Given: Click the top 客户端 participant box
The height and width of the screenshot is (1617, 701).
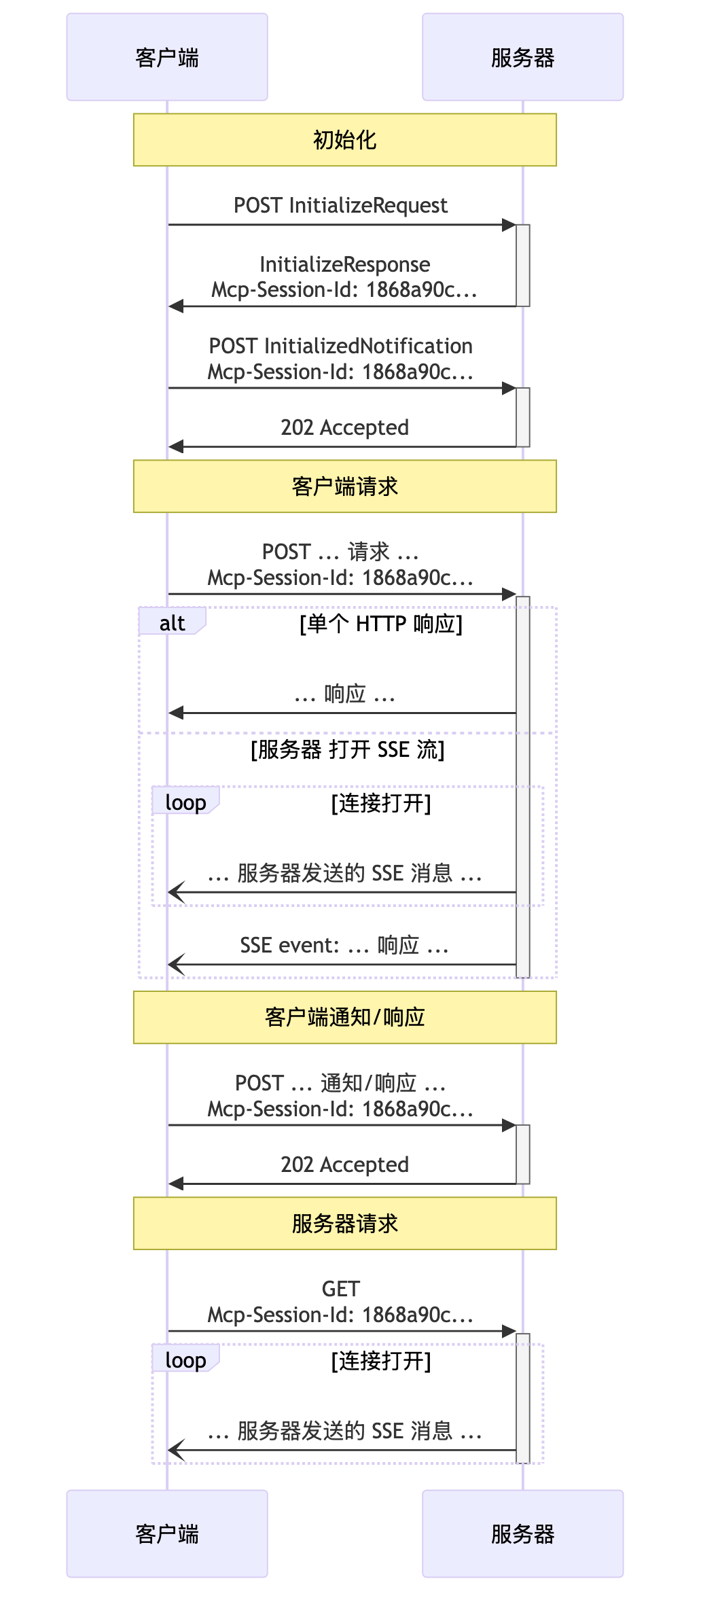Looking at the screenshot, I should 167,57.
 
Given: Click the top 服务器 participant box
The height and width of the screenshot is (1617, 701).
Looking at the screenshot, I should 522,57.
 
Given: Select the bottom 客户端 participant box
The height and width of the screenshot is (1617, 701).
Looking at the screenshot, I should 167,1533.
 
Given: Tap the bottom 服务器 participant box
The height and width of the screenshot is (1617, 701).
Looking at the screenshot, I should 522,1533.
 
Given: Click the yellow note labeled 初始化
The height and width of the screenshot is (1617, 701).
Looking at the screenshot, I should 344,140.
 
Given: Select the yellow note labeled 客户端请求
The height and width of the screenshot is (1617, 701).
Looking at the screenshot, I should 344,486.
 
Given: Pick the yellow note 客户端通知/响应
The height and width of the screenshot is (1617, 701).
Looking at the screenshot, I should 344,1017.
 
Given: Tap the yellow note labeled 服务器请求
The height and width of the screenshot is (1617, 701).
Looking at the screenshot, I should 344,1223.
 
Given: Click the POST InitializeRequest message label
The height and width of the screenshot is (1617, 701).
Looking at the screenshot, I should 340,205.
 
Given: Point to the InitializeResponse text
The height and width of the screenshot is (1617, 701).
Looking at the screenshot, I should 344,264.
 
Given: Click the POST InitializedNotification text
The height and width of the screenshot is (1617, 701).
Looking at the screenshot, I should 340,346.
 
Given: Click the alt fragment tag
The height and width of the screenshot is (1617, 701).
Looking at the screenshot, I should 172,622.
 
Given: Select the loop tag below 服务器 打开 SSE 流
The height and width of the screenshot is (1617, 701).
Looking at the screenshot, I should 185,802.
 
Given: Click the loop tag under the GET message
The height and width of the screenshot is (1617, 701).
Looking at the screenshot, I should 185,1360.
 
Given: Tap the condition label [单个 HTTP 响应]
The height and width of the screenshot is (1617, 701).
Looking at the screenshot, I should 380,623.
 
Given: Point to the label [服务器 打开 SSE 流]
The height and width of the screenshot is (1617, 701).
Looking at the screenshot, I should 347,749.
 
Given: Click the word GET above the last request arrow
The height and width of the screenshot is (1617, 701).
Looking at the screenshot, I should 340,1289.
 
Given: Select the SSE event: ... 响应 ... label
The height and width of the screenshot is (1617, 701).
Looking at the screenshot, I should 344,945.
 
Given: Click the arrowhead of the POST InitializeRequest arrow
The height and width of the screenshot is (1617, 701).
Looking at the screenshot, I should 509,225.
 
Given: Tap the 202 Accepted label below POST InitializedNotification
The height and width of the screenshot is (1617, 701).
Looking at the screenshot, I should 344,427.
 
